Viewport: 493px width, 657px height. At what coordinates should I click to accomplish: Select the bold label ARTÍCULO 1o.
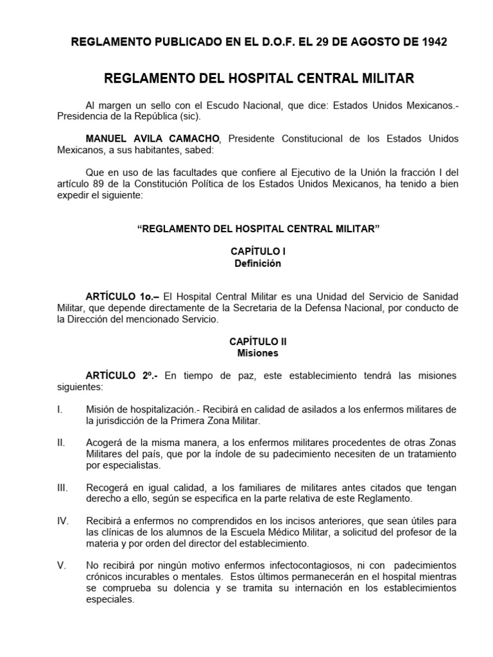coord(122,296)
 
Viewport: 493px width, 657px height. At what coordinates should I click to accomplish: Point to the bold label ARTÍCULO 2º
coord(122,375)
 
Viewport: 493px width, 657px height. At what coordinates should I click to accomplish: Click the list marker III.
coord(63,488)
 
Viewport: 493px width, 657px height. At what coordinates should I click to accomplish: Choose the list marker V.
coord(61,566)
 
